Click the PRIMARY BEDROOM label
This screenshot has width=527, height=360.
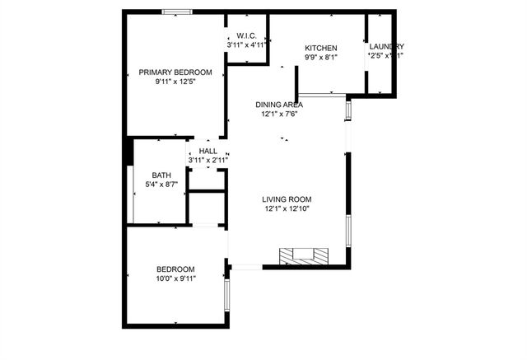175,72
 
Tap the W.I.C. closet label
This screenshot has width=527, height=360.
247,35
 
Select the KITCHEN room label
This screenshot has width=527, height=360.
321,48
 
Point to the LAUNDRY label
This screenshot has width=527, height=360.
386,46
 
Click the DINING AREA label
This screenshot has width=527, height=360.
279,105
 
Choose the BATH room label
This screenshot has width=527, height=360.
161,175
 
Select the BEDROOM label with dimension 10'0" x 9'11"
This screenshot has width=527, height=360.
175,269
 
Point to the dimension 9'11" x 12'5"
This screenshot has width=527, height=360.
175,82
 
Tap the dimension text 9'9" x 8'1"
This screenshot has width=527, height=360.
321,58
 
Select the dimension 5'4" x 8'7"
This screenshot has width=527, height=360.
161,185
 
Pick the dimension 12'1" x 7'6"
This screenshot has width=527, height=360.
279,115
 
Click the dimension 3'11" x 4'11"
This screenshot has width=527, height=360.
247,44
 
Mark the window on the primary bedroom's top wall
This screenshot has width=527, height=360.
176,12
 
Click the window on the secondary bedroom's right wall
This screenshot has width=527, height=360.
226,293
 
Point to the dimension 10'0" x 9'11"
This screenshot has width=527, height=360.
175,279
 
